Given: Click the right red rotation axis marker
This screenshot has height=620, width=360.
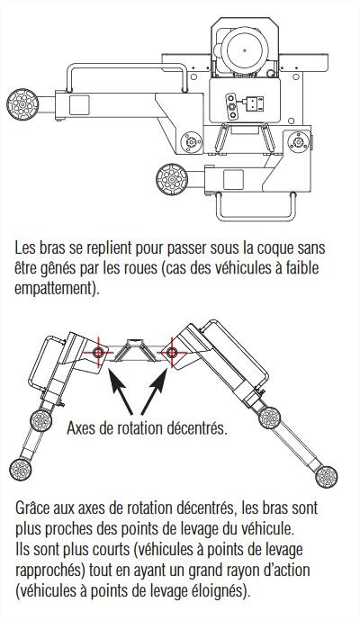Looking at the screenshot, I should [166, 350].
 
